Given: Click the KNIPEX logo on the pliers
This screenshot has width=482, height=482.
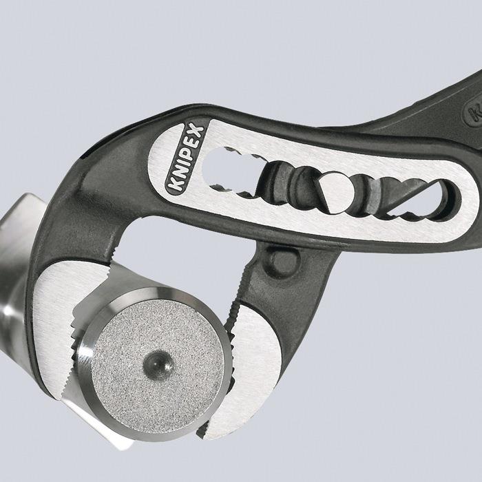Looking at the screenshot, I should point(185,158).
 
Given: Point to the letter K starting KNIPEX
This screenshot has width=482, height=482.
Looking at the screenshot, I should point(174,187).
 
